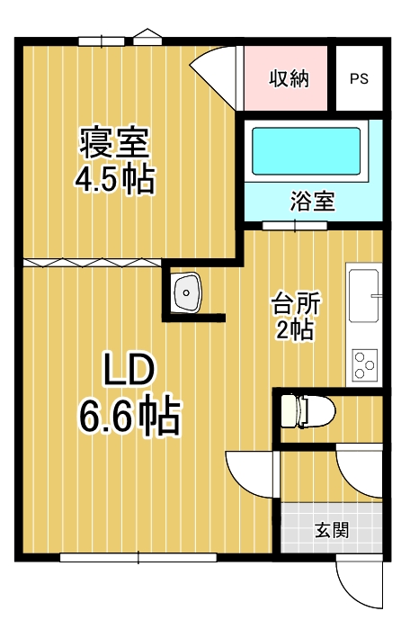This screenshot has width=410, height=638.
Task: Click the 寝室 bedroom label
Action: (x=114, y=142)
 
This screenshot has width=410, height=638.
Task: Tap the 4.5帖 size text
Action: (x=114, y=179)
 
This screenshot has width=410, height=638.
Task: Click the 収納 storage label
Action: (x=290, y=78)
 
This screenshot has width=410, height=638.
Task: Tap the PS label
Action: (x=359, y=78)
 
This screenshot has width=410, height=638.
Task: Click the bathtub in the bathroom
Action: (x=307, y=151)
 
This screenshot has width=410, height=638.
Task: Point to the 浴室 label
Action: (x=312, y=201)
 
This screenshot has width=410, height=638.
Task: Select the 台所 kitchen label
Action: (x=296, y=303)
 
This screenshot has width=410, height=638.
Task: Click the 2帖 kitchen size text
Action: (x=295, y=328)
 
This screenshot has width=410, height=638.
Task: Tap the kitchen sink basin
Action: (x=364, y=296)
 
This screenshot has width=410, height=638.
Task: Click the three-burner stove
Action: (x=365, y=364)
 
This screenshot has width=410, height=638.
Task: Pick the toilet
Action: (x=307, y=410)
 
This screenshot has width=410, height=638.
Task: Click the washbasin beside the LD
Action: (x=188, y=292)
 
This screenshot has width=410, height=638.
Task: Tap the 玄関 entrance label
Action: (x=332, y=530)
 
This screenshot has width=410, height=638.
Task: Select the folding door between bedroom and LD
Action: (x=93, y=263)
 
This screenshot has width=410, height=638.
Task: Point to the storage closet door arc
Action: (x=214, y=74)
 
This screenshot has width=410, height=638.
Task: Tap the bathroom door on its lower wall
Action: (x=295, y=226)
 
